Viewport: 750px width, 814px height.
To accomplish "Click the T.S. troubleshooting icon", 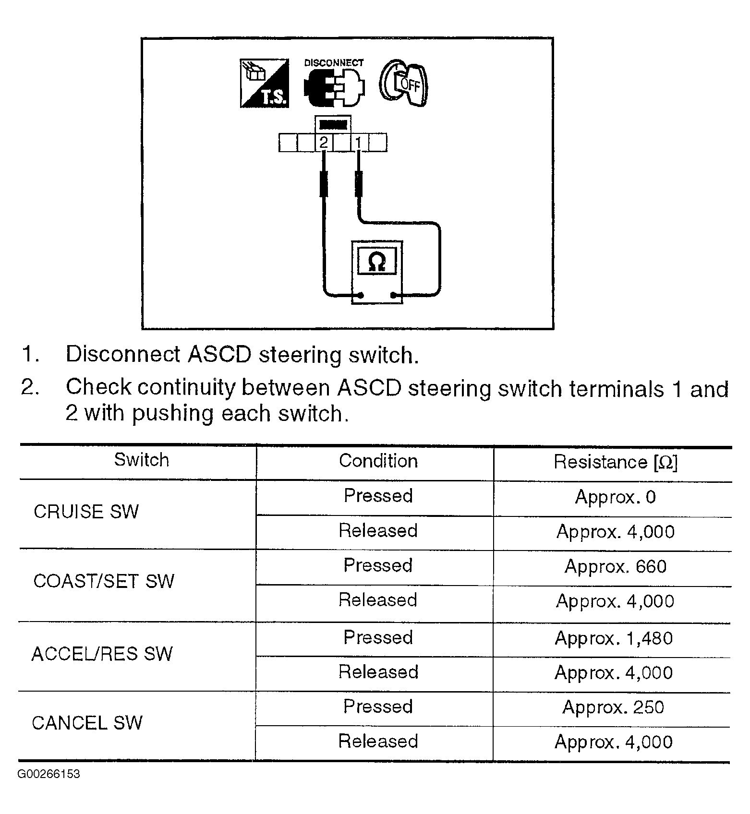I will (265, 83).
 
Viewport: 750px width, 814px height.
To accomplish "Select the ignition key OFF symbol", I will (403, 83).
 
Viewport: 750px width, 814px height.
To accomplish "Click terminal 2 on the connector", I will (324, 143).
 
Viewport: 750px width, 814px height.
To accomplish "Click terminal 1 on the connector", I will (358, 143).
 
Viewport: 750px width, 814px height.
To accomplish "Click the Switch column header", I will (141, 460).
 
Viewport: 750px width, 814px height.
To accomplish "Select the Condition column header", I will (378, 461).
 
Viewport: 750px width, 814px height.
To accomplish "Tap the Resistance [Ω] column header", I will (615, 462).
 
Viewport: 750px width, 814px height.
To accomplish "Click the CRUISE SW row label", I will (86, 512).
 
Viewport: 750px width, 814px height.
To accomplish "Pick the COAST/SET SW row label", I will (104, 581).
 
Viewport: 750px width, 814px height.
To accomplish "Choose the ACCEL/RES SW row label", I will (102, 654).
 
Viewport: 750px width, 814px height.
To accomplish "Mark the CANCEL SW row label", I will (87, 723).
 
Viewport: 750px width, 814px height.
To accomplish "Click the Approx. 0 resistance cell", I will (615, 497).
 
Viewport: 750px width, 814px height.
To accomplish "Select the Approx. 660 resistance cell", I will (615, 567).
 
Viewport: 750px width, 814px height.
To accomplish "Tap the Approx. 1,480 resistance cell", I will (614, 638).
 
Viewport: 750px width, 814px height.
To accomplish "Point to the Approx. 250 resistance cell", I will (613, 707).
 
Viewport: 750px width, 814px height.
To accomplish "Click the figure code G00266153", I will (49, 774).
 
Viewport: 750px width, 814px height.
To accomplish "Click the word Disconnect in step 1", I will (122, 355).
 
